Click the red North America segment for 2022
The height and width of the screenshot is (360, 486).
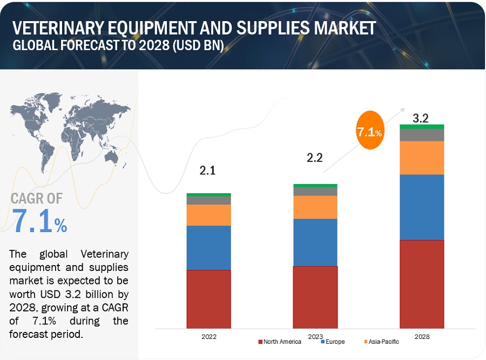(x=208, y=299)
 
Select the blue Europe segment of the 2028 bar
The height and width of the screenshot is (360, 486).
(x=422, y=207)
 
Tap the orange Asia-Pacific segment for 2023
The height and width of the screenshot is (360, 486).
(x=315, y=207)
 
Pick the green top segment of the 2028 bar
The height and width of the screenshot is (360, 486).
(x=422, y=126)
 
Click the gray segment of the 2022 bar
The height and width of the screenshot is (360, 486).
(x=208, y=200)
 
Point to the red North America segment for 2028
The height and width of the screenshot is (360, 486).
(x=422, y=284)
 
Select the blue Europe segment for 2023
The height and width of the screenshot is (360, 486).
(x=315, y=242)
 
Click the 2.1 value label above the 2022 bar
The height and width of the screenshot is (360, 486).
(x=208, y=171)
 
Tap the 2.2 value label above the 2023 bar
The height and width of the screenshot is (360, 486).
(x=315, y=158)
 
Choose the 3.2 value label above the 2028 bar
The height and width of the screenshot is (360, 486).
(x=421, y=119)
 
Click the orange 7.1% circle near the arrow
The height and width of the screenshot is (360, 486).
(x=370, y=131)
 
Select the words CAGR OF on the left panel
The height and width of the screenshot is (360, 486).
(x=36, y=199)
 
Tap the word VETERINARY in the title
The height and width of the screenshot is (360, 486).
(x=57, y=29)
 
